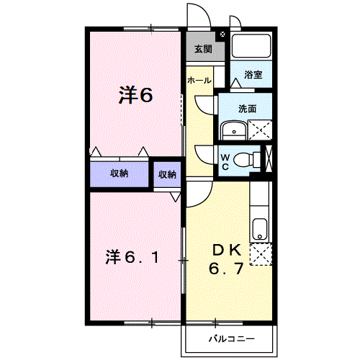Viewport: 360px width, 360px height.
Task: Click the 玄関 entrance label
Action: [x=203, y=49]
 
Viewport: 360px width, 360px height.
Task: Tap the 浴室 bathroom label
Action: [x=253, y=75]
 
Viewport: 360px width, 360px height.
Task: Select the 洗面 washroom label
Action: [x=247, y=109]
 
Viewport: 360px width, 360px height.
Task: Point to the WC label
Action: [x=225, y=162]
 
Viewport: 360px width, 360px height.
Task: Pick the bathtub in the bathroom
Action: [x=251, y=45]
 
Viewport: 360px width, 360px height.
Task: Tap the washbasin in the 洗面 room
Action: [x=234, y=130]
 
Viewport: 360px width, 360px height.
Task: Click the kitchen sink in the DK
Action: [x=259, y=229]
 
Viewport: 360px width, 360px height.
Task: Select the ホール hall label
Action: [x=199, y=80]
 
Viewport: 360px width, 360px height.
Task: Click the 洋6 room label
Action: [x=135, y=95]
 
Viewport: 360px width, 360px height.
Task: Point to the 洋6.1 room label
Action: [x=132, y=257]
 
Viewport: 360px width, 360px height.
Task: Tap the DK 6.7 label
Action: [x=226, y=260]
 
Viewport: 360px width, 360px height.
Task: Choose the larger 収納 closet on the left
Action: [x=120, y=174]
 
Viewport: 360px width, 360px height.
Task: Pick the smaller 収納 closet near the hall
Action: [x=167, y=174]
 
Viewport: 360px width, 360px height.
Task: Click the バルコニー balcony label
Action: [x=232, y=339]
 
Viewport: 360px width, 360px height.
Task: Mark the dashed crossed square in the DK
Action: [x=261, y=254]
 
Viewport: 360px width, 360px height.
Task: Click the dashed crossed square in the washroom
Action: [x=260, y=130]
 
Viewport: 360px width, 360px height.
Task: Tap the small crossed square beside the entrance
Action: [x=222, y=34]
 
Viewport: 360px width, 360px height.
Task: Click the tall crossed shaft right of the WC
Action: [x=269, y=158]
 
